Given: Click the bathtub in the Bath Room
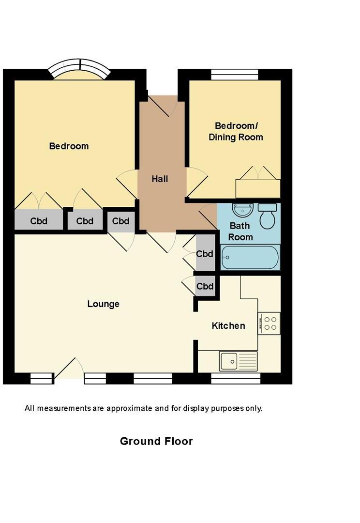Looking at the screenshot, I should [250, 257].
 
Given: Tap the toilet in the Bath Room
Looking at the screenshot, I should [267, 216].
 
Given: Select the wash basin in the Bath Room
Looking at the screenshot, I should [242, 210].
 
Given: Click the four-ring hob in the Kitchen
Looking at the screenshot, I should [269, 323].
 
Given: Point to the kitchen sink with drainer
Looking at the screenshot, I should [239, 361].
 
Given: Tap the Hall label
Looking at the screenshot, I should [160, 179].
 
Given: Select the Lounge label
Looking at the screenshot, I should [103, 304].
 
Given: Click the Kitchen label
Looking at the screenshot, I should [228, 326].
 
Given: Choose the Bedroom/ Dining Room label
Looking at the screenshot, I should [236, 131].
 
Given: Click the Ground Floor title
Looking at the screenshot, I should [156, 441].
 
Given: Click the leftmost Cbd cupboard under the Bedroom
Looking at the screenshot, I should [39, 221].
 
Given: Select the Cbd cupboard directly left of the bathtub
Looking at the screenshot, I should [205, 254].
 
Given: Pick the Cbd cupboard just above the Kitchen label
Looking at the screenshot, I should [205, 286].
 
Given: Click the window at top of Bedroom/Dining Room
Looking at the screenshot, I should [235, 74].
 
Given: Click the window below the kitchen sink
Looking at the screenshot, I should [236, 378].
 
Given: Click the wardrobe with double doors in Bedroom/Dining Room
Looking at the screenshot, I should [258, 188].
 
